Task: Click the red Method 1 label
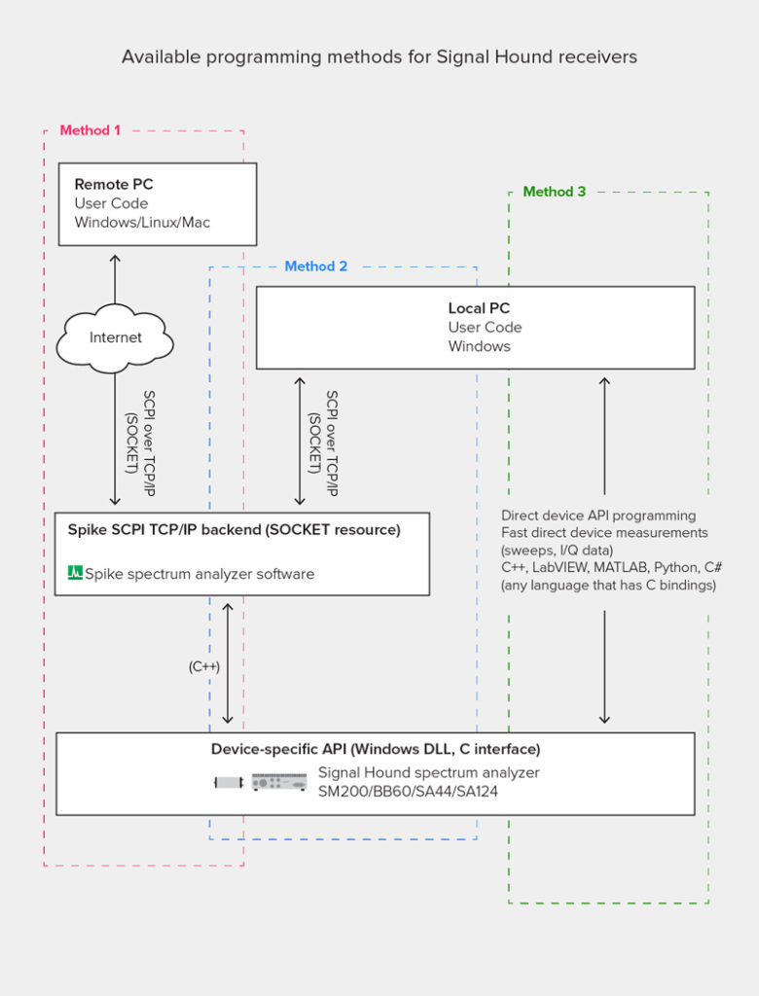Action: (90, 130)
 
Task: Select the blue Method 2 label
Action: (315, 267)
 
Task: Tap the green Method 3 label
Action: (555, 192)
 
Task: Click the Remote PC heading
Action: (114, 184)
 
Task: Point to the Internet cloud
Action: (115, 338)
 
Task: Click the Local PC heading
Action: (479, 308)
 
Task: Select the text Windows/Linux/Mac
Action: (142, 223)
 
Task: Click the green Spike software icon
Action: (75, 574)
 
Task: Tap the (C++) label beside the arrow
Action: (204, 667)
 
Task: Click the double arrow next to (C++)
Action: (228, 663)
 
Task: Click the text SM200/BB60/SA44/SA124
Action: (401, 792)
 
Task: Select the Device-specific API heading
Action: (376, 749)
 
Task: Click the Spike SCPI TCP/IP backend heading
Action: (234, 530)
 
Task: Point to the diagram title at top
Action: (379, 56)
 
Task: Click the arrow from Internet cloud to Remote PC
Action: (115, 279)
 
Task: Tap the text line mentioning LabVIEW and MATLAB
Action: (611, 568)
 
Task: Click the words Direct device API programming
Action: (598, 516)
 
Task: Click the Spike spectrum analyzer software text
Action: (199, 574)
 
